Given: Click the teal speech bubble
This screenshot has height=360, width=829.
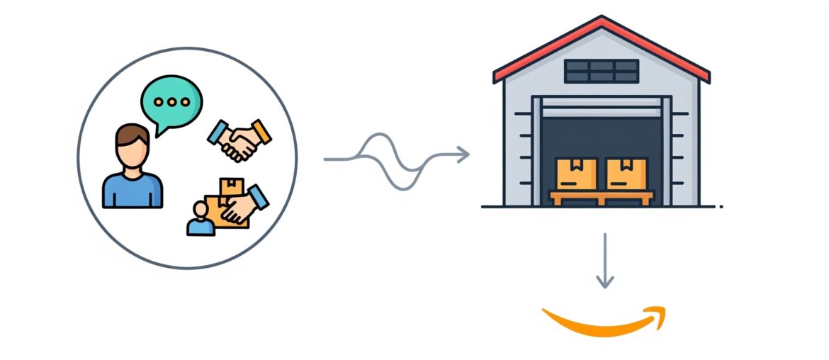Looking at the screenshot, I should point(171,100).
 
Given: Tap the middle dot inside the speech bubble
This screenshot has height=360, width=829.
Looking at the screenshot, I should point(171,101).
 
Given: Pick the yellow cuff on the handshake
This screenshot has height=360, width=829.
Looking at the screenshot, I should point(261,131).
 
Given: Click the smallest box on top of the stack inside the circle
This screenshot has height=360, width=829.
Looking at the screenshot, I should point(231,186).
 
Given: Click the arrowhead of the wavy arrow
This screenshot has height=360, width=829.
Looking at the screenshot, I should point(463,154).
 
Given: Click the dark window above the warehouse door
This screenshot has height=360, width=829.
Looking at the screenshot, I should point(602,71).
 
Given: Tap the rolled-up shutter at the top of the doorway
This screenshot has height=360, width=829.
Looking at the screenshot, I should point(602,111).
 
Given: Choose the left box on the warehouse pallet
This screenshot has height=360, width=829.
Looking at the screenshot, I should point(576,174).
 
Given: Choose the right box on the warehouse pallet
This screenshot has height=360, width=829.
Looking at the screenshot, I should point(626,174).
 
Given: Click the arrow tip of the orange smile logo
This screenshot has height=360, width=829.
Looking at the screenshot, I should point(658,315).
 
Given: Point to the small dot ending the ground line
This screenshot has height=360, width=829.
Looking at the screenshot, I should point(721,207).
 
